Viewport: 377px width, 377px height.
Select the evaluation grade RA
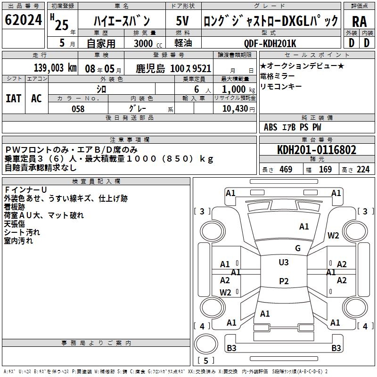click(359, 21)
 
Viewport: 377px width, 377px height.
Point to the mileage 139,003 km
click(55, 67)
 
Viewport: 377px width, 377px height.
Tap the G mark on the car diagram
click(298, 248)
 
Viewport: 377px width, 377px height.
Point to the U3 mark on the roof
click(283, 262)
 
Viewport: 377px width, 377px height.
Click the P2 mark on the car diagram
click(283, 281)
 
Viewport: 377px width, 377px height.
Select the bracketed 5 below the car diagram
click(206, 361)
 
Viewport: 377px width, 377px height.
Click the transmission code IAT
click(14, 98)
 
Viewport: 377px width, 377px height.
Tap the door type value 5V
click(183, 21)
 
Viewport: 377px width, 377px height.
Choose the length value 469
click(286, 170)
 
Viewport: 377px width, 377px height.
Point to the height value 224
click(363, 170)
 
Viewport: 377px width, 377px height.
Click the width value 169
click(325, 170)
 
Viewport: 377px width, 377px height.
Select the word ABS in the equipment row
click(270, 127)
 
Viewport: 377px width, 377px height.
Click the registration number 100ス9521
click(190, 68)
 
